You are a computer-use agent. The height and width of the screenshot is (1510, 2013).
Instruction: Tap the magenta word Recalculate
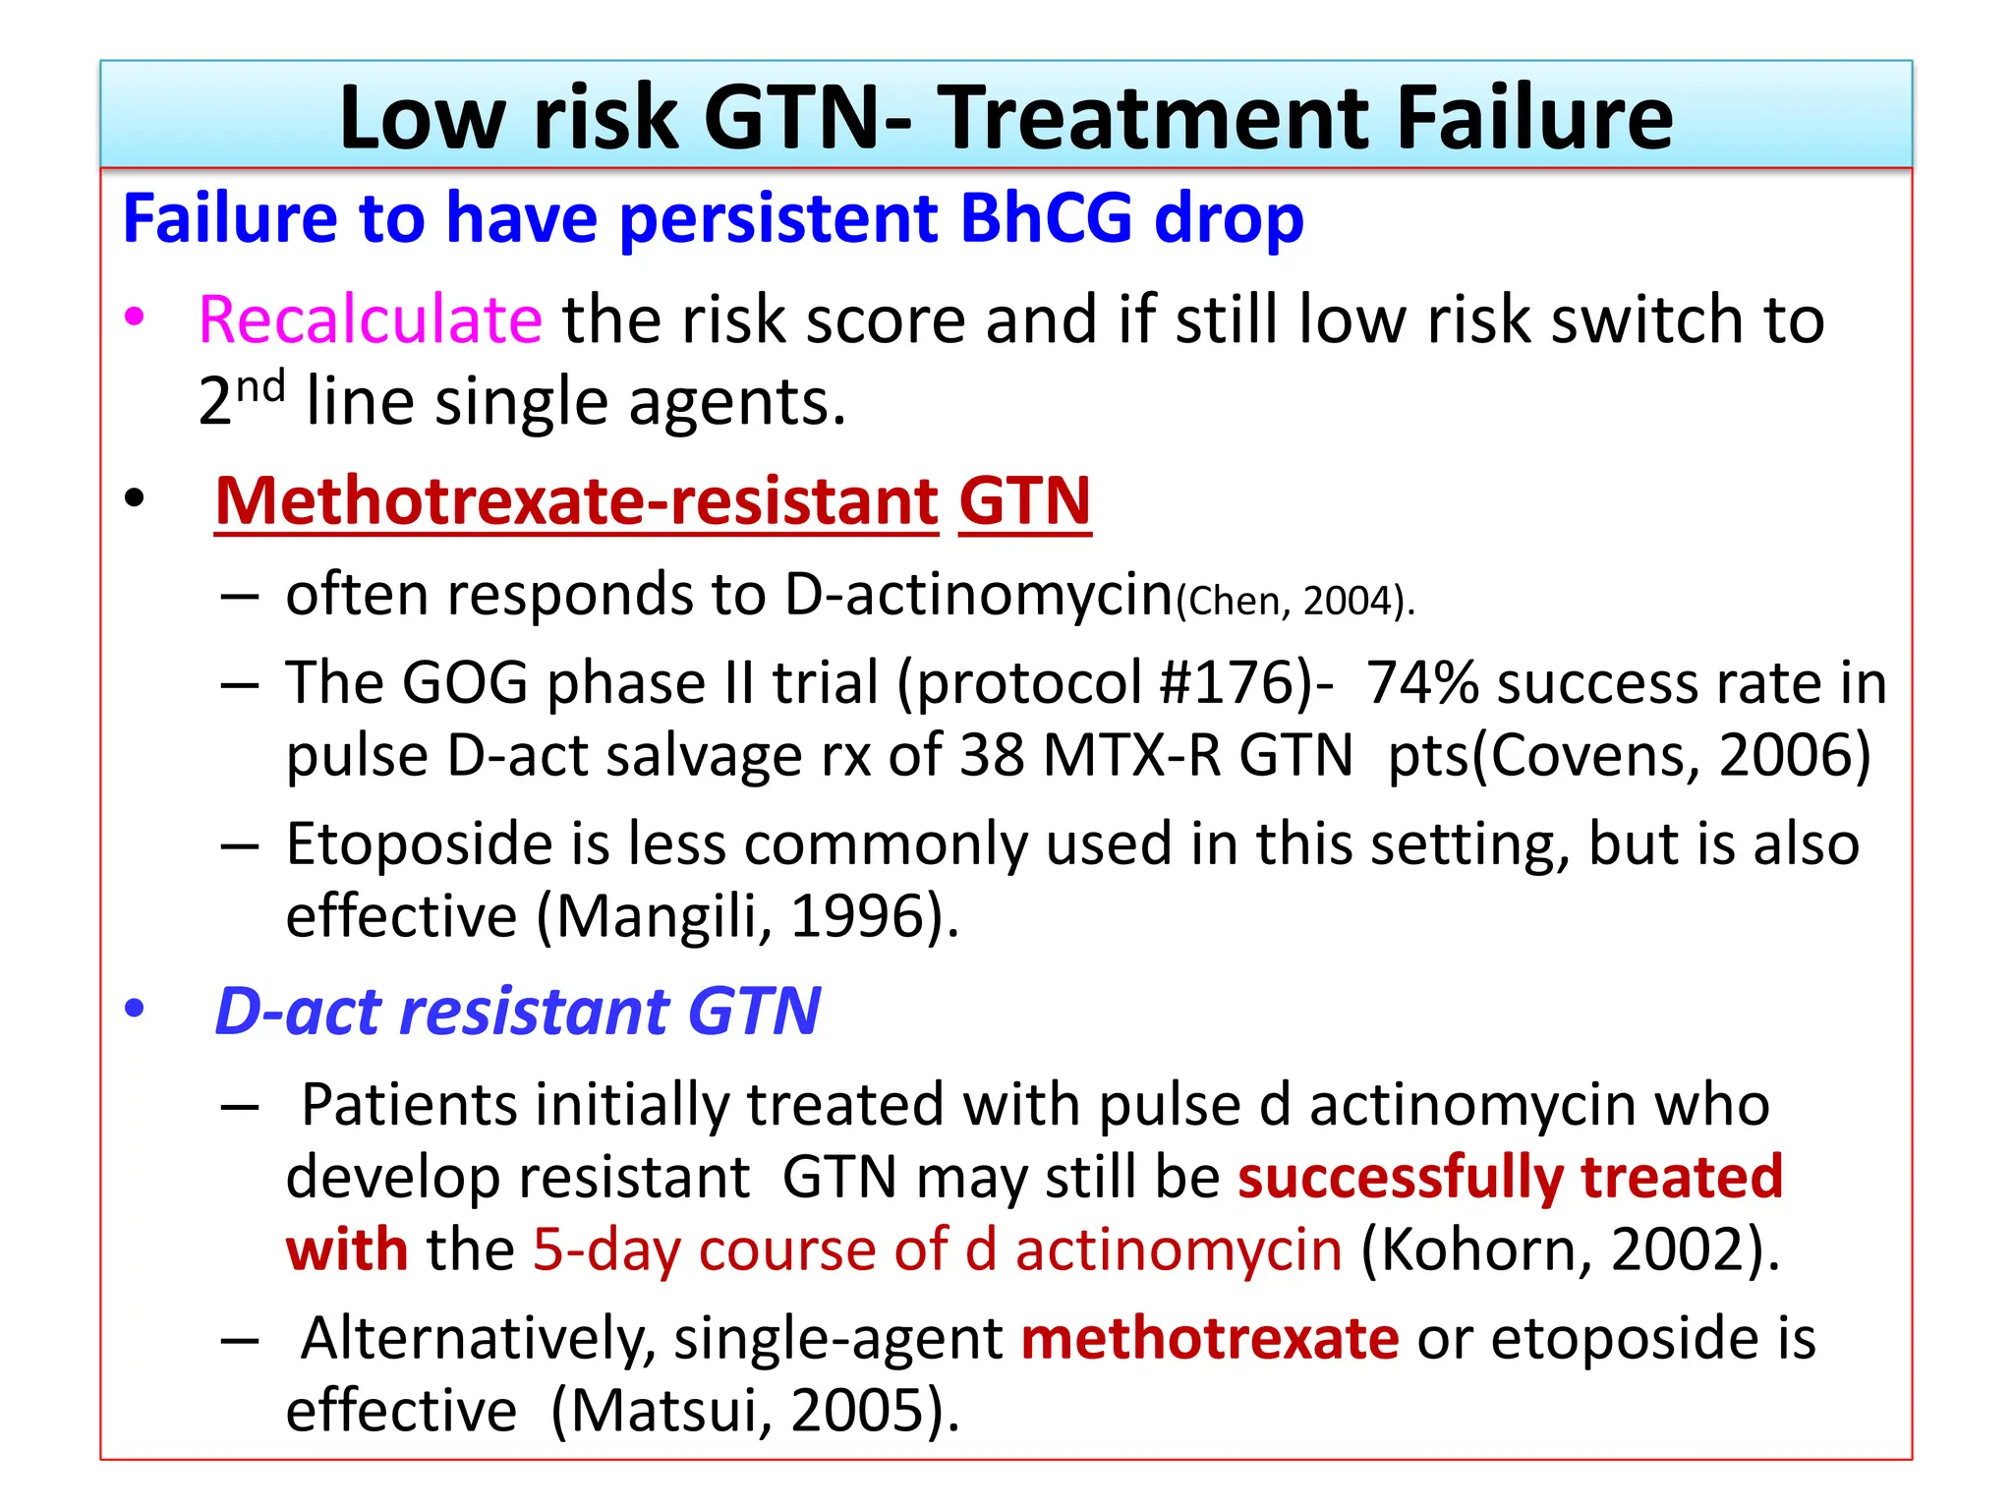tap(370, 320)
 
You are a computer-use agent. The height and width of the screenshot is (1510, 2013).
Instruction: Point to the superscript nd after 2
tap(260, 387)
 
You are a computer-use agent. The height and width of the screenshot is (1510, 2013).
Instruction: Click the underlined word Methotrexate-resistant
tap(577, 501)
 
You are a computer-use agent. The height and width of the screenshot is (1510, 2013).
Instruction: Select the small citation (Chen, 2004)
tap(1294, 602)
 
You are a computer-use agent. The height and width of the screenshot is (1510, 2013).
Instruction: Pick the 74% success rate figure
tap(1421, 682)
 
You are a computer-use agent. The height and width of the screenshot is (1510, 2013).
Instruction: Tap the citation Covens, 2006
tap(1678, 756)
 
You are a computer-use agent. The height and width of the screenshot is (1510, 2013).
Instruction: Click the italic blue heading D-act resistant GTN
tap(518, 1012)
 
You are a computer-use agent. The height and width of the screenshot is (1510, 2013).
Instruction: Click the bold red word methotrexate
tap(1209, 1339)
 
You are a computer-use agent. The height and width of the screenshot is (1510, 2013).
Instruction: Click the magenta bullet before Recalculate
tap(135, 318)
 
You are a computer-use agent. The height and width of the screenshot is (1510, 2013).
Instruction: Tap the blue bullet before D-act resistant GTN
tap(135, 1009)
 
